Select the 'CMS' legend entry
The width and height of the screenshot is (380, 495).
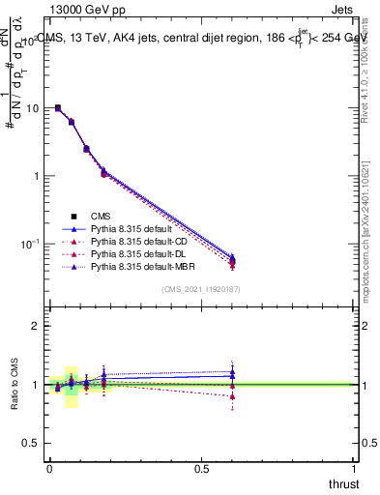tap(102, 216)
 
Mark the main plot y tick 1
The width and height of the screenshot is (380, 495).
tap(37, 176)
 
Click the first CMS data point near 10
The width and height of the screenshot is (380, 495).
tap(58, 108)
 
